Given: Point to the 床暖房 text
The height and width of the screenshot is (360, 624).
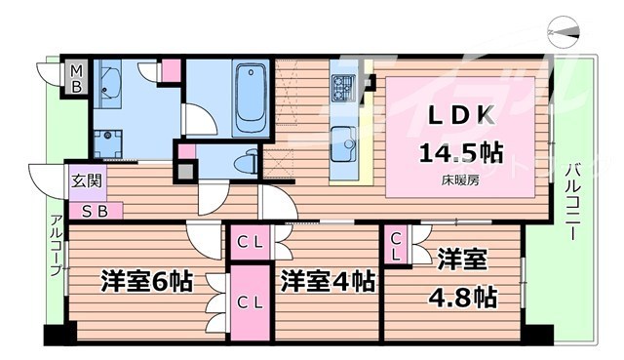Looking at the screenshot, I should (461, 180).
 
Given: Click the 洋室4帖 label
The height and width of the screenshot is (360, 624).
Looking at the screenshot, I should (327, 283).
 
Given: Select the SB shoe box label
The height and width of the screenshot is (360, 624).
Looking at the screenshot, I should (95, 209).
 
